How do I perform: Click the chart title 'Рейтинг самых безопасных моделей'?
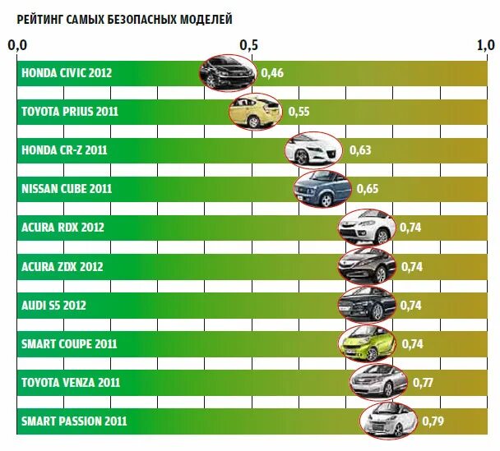coord(124,17)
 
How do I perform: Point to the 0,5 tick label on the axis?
coord(248,44)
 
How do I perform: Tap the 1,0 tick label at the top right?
coord(485,44)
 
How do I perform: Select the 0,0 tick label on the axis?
coord(18,44)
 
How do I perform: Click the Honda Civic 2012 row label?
coord(67,73)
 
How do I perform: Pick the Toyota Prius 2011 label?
coord(70,112)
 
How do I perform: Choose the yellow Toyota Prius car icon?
coord(256,112)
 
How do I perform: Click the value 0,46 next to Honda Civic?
coord(272,73)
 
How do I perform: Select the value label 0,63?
coord(360,150)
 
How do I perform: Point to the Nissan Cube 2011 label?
coord(67,189)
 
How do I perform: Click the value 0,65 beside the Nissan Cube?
coord(368,189)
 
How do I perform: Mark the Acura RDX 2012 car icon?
coord(366,227)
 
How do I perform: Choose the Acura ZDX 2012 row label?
coord(62,266)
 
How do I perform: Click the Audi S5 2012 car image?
coord(366,305)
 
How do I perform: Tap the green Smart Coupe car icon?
coord(366,343)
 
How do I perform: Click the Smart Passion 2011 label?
coord(74,421)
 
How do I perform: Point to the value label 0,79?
coord(433,421)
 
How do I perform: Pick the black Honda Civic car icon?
coord(227,73)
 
